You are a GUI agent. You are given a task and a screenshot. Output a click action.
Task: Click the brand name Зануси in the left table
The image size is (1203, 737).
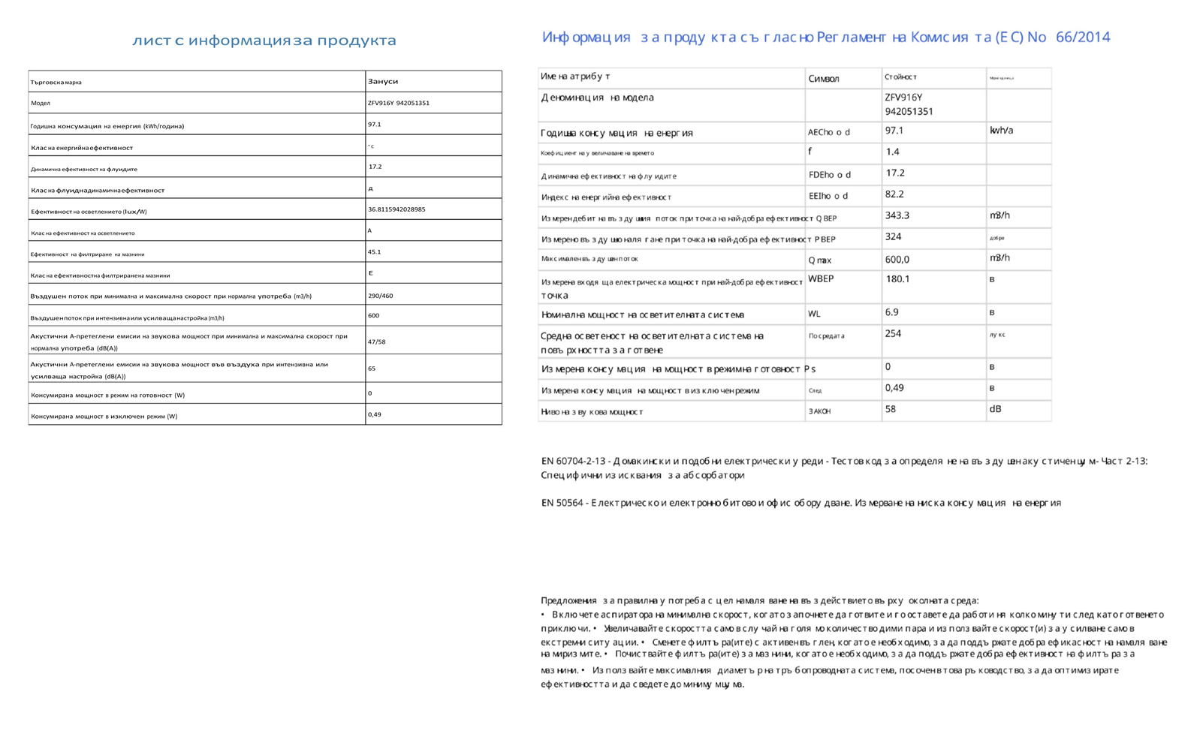point(383,81)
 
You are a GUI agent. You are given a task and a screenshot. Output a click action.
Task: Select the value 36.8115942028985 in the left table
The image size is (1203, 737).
point(396,209)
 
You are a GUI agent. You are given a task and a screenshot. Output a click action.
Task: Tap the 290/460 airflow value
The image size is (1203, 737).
point(380,296)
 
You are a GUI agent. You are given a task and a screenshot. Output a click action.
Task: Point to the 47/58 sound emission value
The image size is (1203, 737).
point(376,341)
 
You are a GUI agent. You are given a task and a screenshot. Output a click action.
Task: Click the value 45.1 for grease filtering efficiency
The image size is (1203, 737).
point(375,252)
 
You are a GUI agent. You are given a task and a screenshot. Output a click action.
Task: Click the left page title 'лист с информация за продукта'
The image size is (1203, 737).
point(264,41)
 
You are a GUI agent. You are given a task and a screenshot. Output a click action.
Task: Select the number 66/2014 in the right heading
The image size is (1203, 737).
point(1082,38)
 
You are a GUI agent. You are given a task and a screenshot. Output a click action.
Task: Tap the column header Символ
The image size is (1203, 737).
point(824,79)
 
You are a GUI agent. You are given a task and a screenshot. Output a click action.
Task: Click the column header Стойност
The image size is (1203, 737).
point(900,77)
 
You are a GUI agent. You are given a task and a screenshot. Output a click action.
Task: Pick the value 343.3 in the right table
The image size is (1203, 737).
point(897,215)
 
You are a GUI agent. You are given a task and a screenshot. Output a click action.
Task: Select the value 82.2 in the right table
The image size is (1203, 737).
point(894,194)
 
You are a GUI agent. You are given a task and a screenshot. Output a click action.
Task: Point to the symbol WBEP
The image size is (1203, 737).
point(821,278)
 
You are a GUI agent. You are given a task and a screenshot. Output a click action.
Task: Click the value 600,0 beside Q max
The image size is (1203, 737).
point(897,260)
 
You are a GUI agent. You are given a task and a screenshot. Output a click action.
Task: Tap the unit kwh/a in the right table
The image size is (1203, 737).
point(1001,131)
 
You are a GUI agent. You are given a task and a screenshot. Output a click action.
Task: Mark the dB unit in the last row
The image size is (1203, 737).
point(995,409)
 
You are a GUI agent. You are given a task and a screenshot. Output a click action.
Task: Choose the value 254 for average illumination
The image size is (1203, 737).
point(893,334)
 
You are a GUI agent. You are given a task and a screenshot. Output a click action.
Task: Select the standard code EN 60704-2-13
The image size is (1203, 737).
point(573,461)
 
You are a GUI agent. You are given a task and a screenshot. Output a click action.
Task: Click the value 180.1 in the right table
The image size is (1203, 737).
point(897,279)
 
